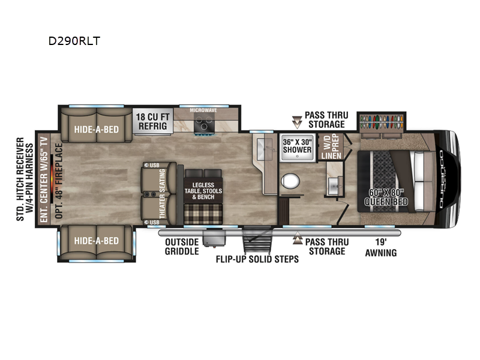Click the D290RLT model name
[x=74, y=41]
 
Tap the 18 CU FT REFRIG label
[x=152, y=121]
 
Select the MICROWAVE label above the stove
[x=203, y=110]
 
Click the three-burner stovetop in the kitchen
[x=203, y=126]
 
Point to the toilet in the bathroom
[x=290, y=181]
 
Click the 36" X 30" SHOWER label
[x=297, y=146]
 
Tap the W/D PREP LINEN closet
[x=331, y=147]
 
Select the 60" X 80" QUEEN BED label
[x=386, y=197]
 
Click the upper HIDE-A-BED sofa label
[x=97, y=130]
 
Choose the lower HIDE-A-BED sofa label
[x=97, y=241]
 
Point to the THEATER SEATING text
[x=162, y=194]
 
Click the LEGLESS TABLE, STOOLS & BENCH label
[x=203, y=191]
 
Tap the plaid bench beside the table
[x=203, y=214]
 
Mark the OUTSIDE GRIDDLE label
[x=182, y=247]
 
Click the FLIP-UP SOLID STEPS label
[x=257, y=259]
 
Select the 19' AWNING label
[x=381, y=247]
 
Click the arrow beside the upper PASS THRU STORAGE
[x=297, y=122]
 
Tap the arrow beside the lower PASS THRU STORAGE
[x=297, y=238]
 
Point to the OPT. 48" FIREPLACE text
[x=59, y=181]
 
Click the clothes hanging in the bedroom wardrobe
[x=382, y=122]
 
